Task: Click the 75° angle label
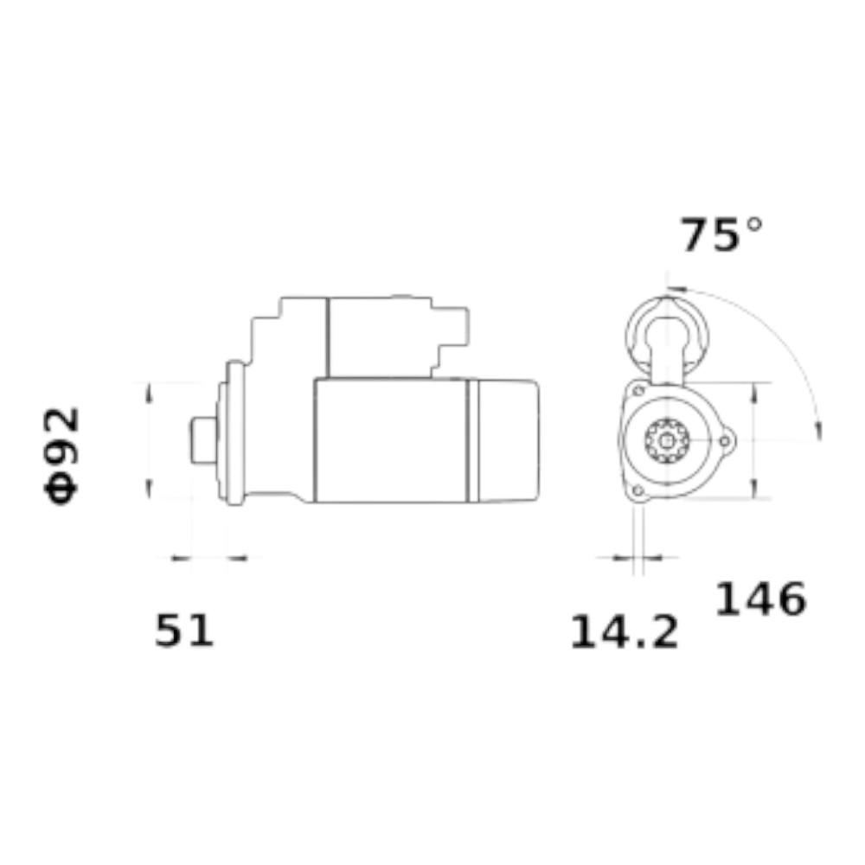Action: (x=721, y=234)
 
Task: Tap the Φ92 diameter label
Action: (x=61, y=456)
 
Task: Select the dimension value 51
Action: (x=183, y=631)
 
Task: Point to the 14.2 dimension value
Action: (x=624, y=632)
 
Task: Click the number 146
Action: (x=760, y=599)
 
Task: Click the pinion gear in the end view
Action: (x=667, y=441)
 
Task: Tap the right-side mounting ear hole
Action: (x=724, y=441)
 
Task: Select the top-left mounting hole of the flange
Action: (x=638, y=391)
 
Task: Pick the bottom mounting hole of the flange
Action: (x=638, y=490)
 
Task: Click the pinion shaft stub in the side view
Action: (x=203, y=441)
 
